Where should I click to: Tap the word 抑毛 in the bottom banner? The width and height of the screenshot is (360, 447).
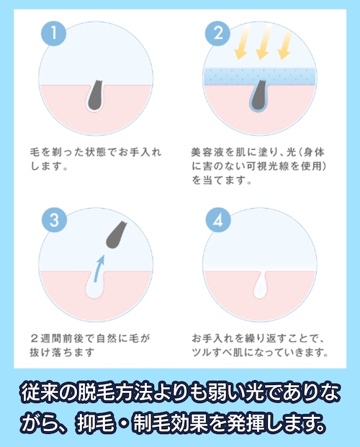tap(97, 420)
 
